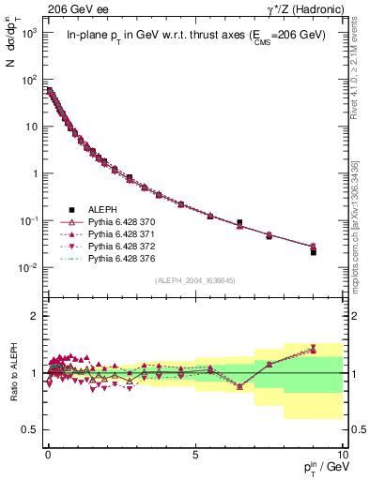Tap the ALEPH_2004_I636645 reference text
pos(194,280)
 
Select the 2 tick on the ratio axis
pos(35,316)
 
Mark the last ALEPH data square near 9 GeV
pos(313,252)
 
